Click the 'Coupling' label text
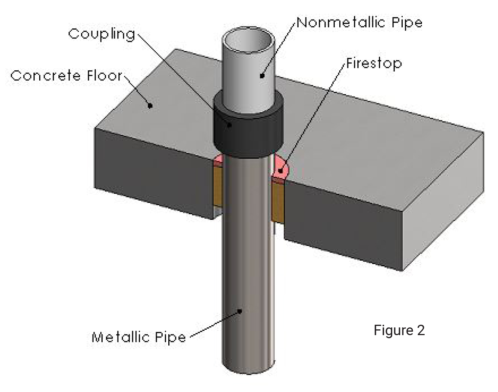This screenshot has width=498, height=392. tap(102, 34)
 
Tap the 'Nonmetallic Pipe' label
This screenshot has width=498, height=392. tap(359, 23)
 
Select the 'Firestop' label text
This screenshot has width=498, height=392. tap(373, 63)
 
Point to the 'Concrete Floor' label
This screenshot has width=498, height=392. tap(66, 75)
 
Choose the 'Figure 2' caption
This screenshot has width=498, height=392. tap(399, 330)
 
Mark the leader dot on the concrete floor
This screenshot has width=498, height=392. tap(150, 105)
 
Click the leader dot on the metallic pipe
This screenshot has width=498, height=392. tap(240, 311)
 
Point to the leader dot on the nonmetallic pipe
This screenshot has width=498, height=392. tap(262, 76)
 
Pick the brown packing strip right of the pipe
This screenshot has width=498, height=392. tap(278, 201)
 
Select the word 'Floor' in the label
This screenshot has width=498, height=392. tap(104, 75)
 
